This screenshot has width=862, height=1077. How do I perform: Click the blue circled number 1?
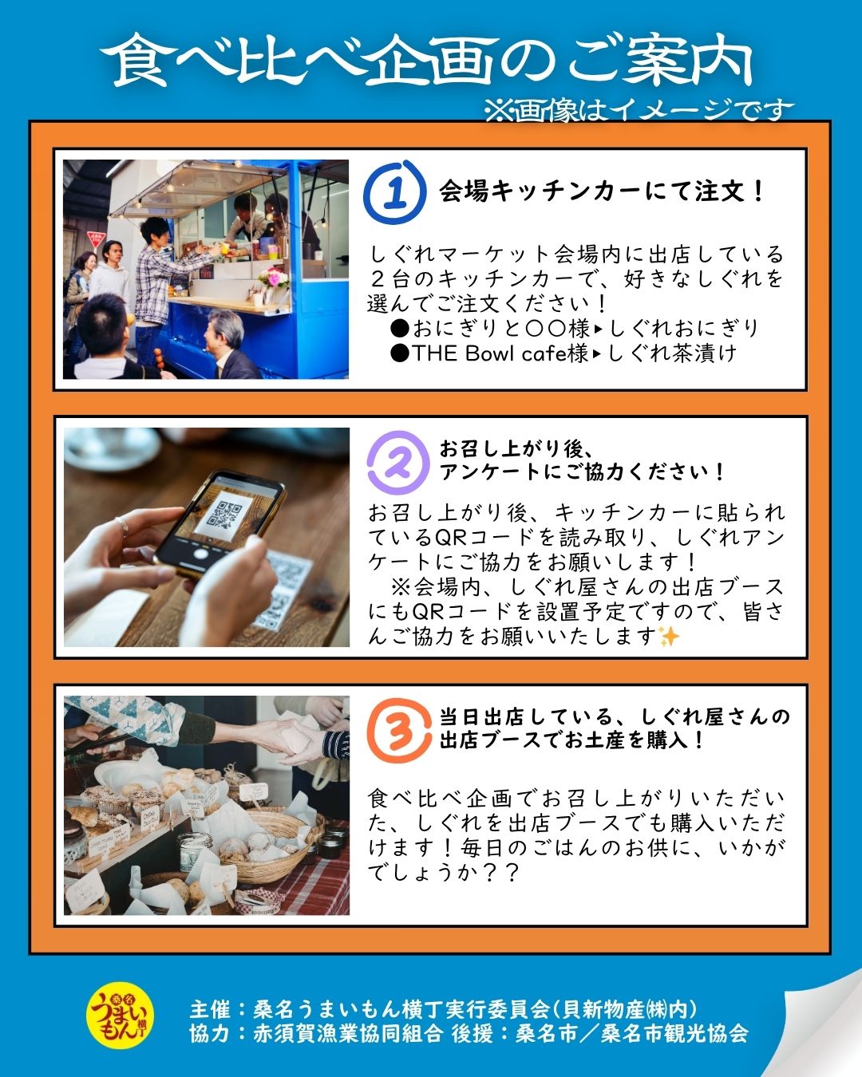point(393,192)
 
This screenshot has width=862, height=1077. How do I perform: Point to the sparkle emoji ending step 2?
point(669,637)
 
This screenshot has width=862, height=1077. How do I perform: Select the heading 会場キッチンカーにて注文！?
point(603,192)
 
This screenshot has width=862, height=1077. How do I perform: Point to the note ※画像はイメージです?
point(639,110)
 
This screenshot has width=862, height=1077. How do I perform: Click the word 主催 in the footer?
point(210,1009)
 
